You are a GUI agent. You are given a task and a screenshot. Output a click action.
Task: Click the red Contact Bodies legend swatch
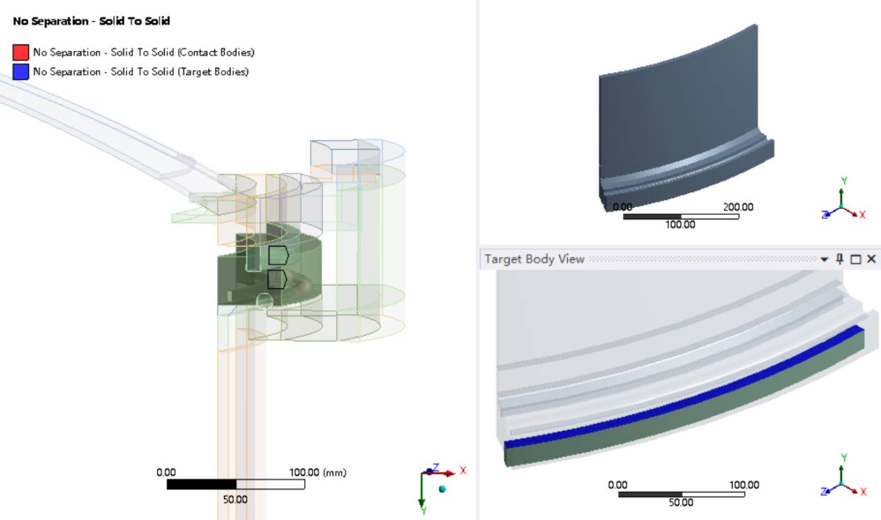[21, 52]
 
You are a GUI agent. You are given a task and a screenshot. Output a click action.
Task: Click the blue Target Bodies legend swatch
[21, 72]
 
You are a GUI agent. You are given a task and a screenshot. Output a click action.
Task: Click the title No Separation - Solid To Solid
[91, 20]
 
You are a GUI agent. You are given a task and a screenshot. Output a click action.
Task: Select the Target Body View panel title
[534, 259]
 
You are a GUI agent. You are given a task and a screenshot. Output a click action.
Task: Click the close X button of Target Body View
[871, 259]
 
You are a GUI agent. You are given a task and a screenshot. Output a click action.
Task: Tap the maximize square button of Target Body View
[856, 259]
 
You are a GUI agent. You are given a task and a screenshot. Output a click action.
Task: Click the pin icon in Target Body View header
[840, 259]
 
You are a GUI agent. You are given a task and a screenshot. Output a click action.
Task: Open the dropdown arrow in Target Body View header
[824, 259]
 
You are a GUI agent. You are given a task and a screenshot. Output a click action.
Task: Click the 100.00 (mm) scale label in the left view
[317, 473]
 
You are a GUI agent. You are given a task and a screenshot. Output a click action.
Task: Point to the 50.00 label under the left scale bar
[235, 500]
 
